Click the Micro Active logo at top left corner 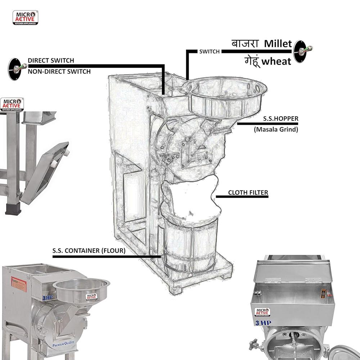[x=25, y=18]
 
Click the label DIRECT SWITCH [x=51, y=60]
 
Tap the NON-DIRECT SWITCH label [x=59, y=72]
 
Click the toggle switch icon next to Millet [x=303, y=51]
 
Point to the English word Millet [x=278, y=44]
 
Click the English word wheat [x=276, y=62]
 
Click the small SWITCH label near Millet [x=209, y=51]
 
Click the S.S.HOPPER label [x=280, y=118]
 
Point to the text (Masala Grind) [x=276, y=129]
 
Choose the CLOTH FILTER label [x=248, y=193]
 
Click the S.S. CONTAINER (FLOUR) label [x=89, y=251]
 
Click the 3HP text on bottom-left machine [x=47, y=298]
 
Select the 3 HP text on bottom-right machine [x=263, y=323]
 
